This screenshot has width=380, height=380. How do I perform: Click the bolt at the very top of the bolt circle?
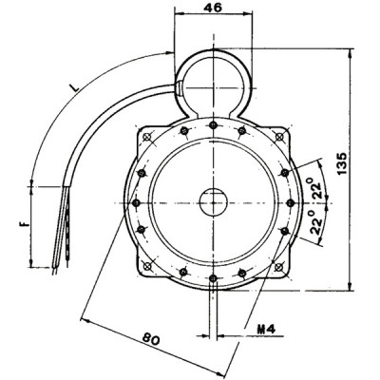pos(212,123)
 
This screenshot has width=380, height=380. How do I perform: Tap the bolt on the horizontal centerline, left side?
pos(135,202)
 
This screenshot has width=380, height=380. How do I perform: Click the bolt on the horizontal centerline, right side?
pos(289,202)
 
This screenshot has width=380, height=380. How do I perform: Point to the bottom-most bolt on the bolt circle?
pos(213,280)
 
